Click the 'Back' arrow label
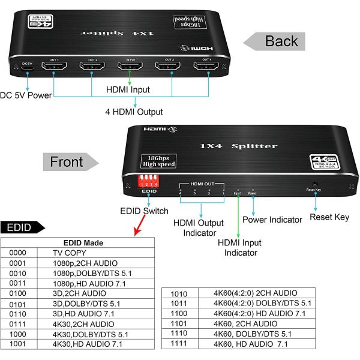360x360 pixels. (277, 41)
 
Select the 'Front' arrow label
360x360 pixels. (68, 162)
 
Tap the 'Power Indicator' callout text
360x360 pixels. (272, 220)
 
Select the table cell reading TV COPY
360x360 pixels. (70, 253)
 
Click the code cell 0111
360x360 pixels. (18, 325)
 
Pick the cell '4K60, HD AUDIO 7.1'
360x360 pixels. (251, 344)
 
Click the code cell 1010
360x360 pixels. (179, 293)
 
